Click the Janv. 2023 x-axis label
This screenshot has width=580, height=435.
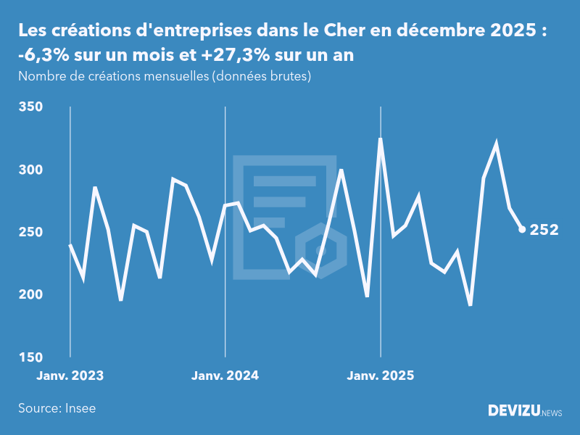point(70,376)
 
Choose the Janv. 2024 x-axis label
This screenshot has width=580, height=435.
point(225,376)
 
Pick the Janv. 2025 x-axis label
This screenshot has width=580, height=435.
point(381,376)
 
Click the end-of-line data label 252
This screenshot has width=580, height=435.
point(544,230)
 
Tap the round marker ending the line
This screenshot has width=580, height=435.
point(522,230)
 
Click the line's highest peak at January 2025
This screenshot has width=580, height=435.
point(381,138)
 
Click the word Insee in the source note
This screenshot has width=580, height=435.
point(80,408)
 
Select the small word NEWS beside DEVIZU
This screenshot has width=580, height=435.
point(552,413)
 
